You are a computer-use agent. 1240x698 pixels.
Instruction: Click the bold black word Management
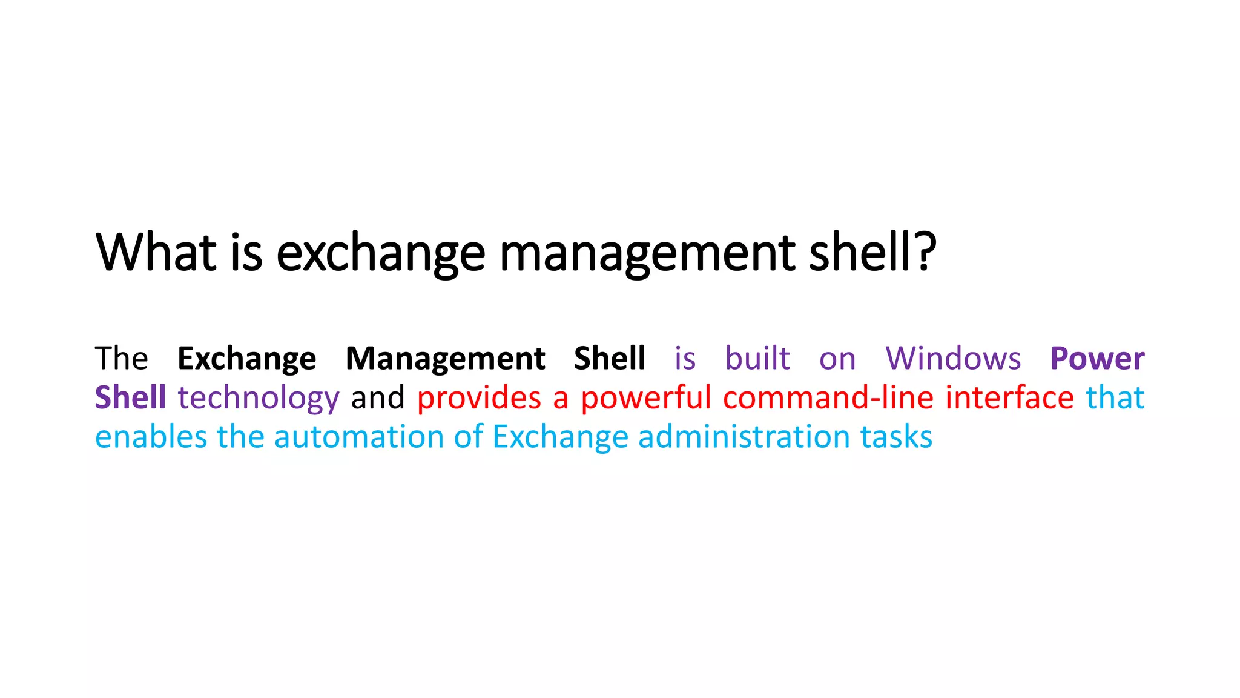[x=445, y=358]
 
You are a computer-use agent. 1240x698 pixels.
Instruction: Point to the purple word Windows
[x=953, y=358]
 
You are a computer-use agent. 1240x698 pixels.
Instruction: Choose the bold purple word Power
[x=1097, y=358]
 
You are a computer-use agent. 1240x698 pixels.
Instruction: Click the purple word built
[x=757, y=358]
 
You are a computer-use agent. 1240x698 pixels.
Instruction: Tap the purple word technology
[x=259, y=399]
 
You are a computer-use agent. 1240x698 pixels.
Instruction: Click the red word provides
[x=479, y=399]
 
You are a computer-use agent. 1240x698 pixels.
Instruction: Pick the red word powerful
[x=645, y=398]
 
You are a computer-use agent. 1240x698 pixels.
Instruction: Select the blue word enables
[x=151, y=437]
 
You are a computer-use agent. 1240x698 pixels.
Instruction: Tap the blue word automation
[x=359, y=437]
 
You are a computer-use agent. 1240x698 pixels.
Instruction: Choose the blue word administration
[x=744, y=437]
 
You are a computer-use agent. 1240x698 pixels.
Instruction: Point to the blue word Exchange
[x=560, y=437]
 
